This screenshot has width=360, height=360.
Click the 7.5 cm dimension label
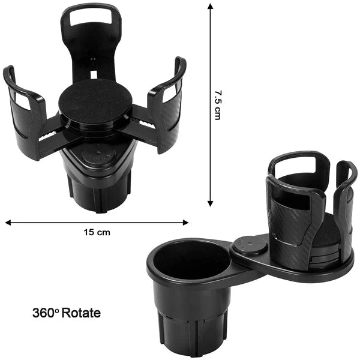coord(218,106)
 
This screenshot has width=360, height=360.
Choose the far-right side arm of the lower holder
coord(346,198)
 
